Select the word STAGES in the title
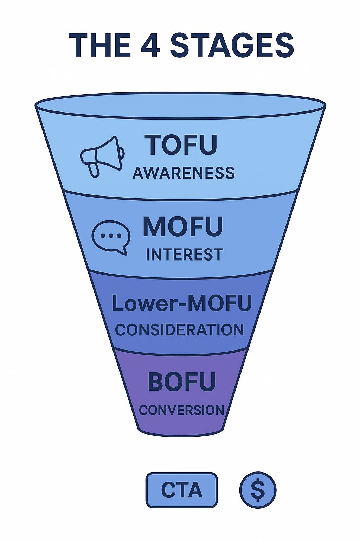pyautogui.click(x=232, y=45)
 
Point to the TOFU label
pyautogui.click(x=181, y=144)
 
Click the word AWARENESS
pyautogui.click(x=184, y=173)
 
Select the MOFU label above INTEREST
pyautogui.click(x=183, y=227)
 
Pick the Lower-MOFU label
pyautogui.click(x=182, y=303)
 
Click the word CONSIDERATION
pyautogui.click(x=179, y=330)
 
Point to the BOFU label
pyautogui.click(x=182, y=382)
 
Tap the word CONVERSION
pyautogui.click(x=181, y=410)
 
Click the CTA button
pyautogui.click(x=182, y=490)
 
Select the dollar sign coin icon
pyautogui.click(x=258, y=490)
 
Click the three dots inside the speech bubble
pyautogui.click(x=111, y=236)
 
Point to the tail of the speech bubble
pyautogui.click(x=122, y=250)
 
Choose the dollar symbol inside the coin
pyautogui.click(x=258, y=490)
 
